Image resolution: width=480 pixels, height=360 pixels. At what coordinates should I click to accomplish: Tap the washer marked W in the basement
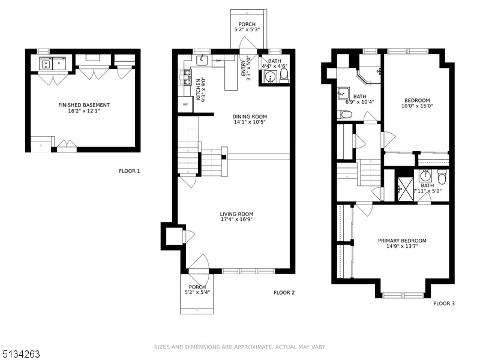coord(45,62)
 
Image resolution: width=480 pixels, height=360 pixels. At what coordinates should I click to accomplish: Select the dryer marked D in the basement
coord(59,62)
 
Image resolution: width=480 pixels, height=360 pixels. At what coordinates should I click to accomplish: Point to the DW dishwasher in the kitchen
coord(217,61)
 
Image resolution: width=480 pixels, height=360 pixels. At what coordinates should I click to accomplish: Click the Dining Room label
coord(250,117)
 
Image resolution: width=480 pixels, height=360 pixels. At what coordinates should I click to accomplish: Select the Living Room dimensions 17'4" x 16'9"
coord(236,220)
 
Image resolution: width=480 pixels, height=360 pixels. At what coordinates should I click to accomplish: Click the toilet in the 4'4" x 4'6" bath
coord(284,76)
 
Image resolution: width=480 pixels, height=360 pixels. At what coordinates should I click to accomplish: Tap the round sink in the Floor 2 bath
coord(270,77)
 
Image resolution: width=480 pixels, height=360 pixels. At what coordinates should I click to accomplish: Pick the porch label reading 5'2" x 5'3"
coord(247,29)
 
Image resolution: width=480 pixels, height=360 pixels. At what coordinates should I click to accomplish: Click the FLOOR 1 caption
coord(129,171)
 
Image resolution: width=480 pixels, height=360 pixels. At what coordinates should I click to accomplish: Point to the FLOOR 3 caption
coord(444,304)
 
